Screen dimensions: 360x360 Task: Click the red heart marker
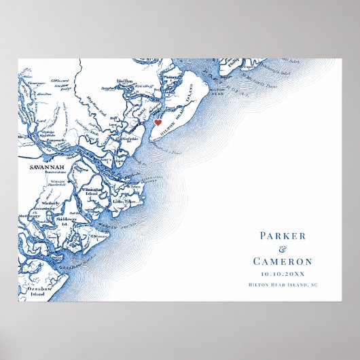pyautogui.click(x=158, y=123)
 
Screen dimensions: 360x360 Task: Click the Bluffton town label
pyautogui.click(x=124, y=81)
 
